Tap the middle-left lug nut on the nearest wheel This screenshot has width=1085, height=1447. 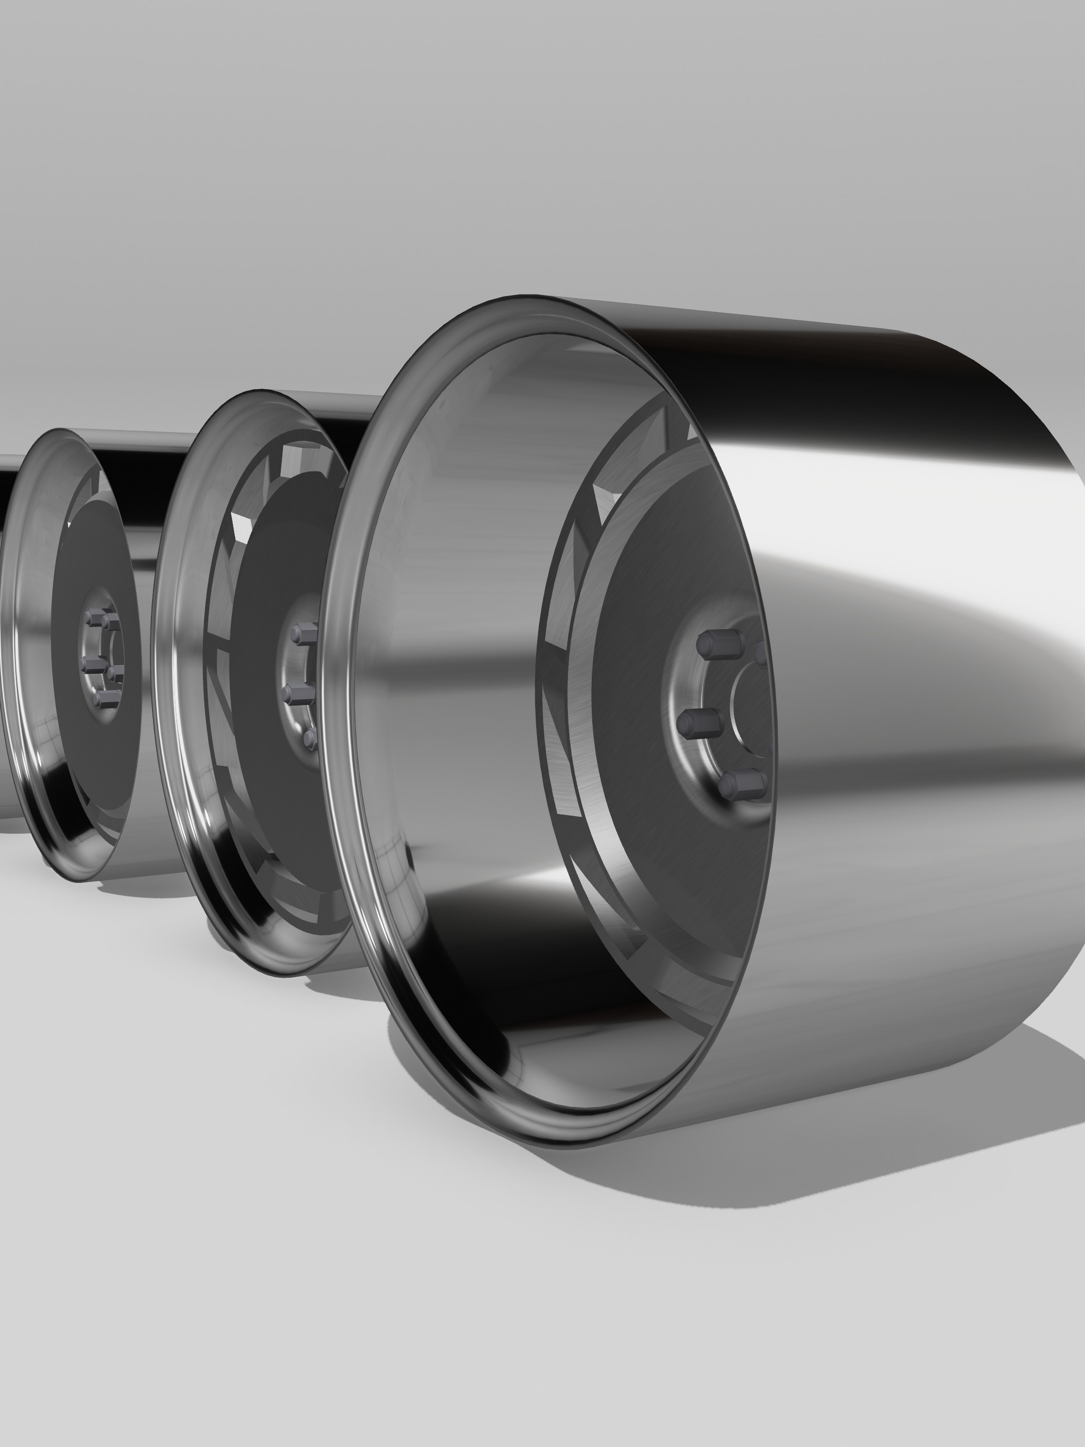point(696,722)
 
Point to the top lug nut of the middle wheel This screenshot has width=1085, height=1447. point(303,634)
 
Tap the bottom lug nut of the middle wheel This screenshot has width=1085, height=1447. point(310,739)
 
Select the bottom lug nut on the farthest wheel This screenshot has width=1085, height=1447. point(105,699)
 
